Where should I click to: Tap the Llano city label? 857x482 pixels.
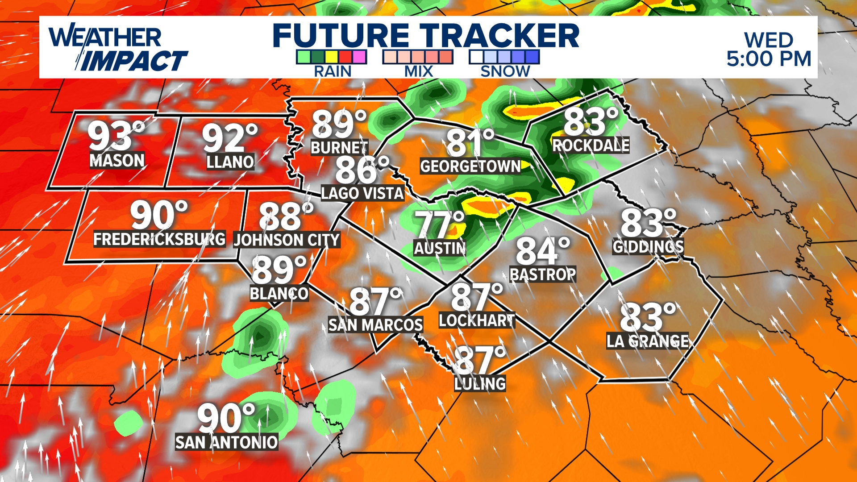pyautogui.click(x=230, y=162)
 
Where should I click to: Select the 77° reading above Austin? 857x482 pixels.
pyautogui.click(x=440, y=224)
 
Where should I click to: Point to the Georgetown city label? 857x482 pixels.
pyautogui.click(x=470, y=166)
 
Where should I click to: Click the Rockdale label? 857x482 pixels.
pyautogui.click(x=591, y=145)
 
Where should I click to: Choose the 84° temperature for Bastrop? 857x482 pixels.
pyautogui.click(x=543, y=251)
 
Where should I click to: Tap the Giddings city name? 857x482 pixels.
pyautogui.click(x=648, y=246)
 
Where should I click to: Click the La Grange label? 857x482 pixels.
pyautogui.click(x=647, y=341)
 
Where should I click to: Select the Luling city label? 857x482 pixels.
pyautogui.click(x=480, y=384)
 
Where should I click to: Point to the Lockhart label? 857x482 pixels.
pyautogui.click(x=477, y=320)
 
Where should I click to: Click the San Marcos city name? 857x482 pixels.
pyautogui.click(x=375, y=325)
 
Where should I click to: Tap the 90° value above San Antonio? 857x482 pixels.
pyautogui.click(x=226, y=418)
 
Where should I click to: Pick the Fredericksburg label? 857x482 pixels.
pyautogui.click(x=159, y=239)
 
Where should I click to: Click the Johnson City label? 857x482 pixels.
pyautogui.click(x=287, y=240)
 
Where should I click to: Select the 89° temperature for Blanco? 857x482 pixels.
pyautogui.click(x=279, y=270)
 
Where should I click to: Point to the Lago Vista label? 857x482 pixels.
pyautogui.click(x=362, y=193)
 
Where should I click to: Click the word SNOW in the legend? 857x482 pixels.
pyautogui.click(x=505, y=71)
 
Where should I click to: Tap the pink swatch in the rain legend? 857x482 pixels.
pyautogui.click(x=359, y=57)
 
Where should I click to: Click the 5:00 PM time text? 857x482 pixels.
pyautogui.click(x=769, y=59)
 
